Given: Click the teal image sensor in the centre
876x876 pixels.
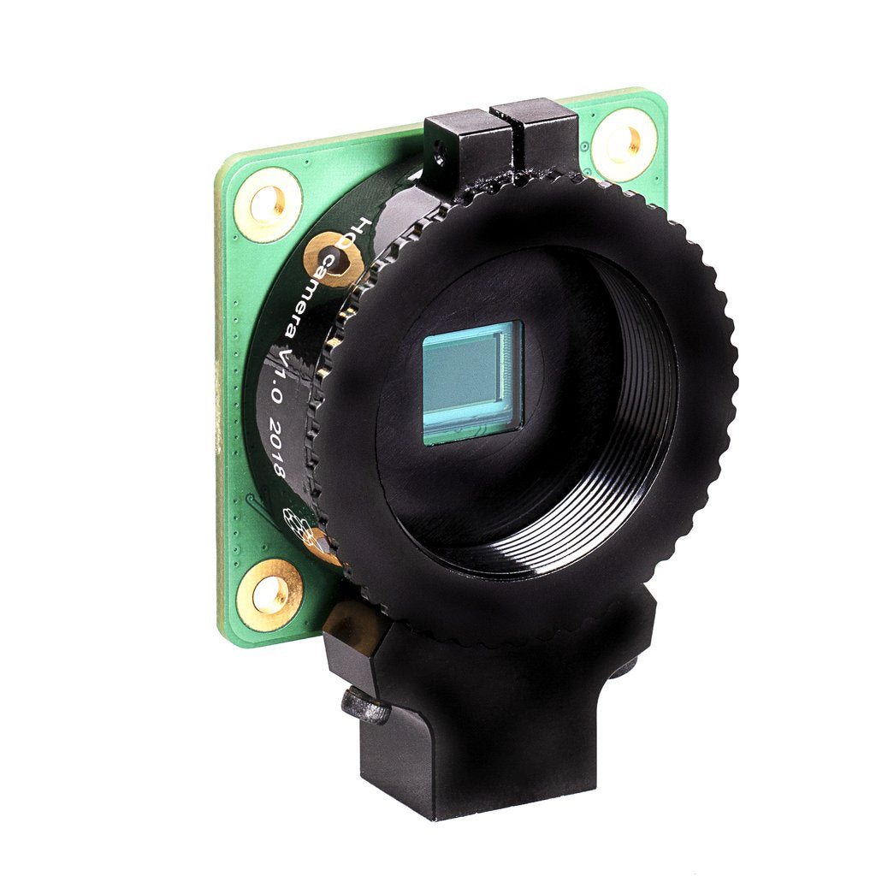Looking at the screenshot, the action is click(471, 382).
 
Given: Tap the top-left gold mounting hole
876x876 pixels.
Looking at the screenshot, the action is click(269, 204).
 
